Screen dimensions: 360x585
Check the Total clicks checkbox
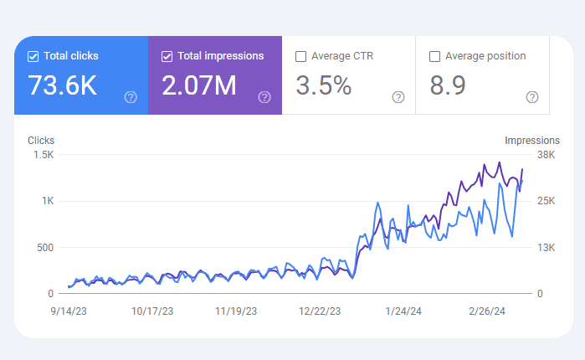[x=33, y=57]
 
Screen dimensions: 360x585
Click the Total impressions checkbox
[x=167, y=57]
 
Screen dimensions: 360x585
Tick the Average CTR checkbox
[x=300, y=57]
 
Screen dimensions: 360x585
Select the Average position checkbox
[x=434, y=57]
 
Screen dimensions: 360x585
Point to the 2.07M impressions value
[x=198, y=85]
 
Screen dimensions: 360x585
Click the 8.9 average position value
[x=448, y=85]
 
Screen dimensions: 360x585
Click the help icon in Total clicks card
[x=131, y=97]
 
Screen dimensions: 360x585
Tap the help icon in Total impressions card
[x=264, y=97]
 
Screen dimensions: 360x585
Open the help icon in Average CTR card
[x=398, y=97]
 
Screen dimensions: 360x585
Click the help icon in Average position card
[x=532, y=97]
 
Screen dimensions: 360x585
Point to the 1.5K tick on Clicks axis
[x=44, y=155]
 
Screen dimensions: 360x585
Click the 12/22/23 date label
[x=320, y=311]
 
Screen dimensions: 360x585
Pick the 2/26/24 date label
[x=486, y=311]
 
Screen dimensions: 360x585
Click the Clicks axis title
[x=41, y=141]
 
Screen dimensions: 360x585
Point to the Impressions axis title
[x=532, y=141]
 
